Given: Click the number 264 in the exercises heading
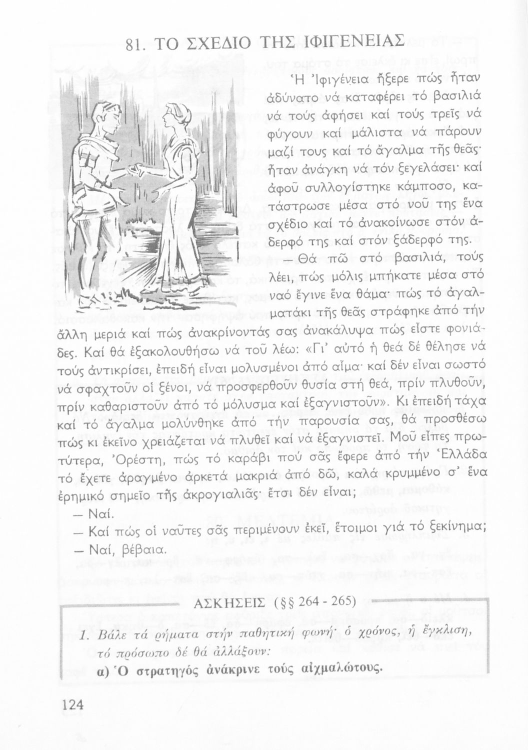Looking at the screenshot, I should (312, 600).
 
